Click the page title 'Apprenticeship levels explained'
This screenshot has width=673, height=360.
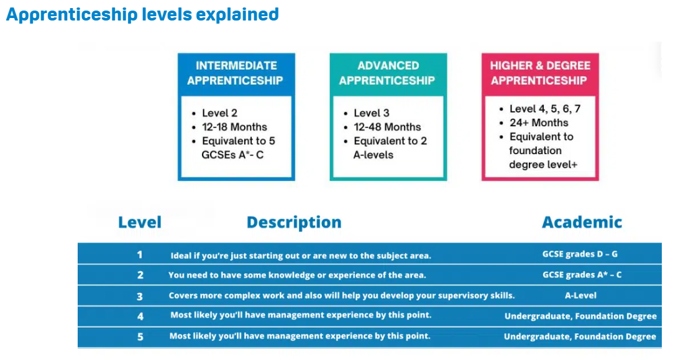pyautogui.click(x=142, y=14)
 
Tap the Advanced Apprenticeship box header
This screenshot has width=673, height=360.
pyautogui.click(x=387, y=73)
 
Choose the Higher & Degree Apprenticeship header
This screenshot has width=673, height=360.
pyautogui.click(x=539, y=73)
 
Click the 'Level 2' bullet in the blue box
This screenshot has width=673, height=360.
pyautogui.click(x=219, y=113)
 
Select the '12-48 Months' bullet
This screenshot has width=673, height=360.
pyautogui.click(x=387, y=127)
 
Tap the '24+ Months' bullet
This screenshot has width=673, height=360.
pyautogui.click(x=539, y=122)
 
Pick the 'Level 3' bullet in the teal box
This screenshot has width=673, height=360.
pyautogui.click(x=372, y=113)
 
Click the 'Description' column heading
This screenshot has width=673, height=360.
pyautogui.click(x=294, y=223)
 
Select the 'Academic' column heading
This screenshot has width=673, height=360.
pyautogui.click(x=582, y=223)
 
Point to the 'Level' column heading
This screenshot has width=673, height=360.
pyautogui.click(x=140, y=223)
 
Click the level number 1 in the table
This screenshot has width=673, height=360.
pyautogui.click(x=140, y=255)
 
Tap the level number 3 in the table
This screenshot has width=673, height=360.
pyautogui.click(x=140, y=296)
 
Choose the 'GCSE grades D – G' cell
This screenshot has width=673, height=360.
pyautogui.click(x=580, y=254)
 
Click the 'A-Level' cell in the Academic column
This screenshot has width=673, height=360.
pyautogui.click(x=580, y=295)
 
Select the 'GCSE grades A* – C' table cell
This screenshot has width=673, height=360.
pyautogui.click(x=582, y=275)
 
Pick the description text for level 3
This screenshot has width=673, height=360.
pyautogui.click(x=342, y=296)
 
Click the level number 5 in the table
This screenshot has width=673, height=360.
pyautogui.click(x=140, y=336)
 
